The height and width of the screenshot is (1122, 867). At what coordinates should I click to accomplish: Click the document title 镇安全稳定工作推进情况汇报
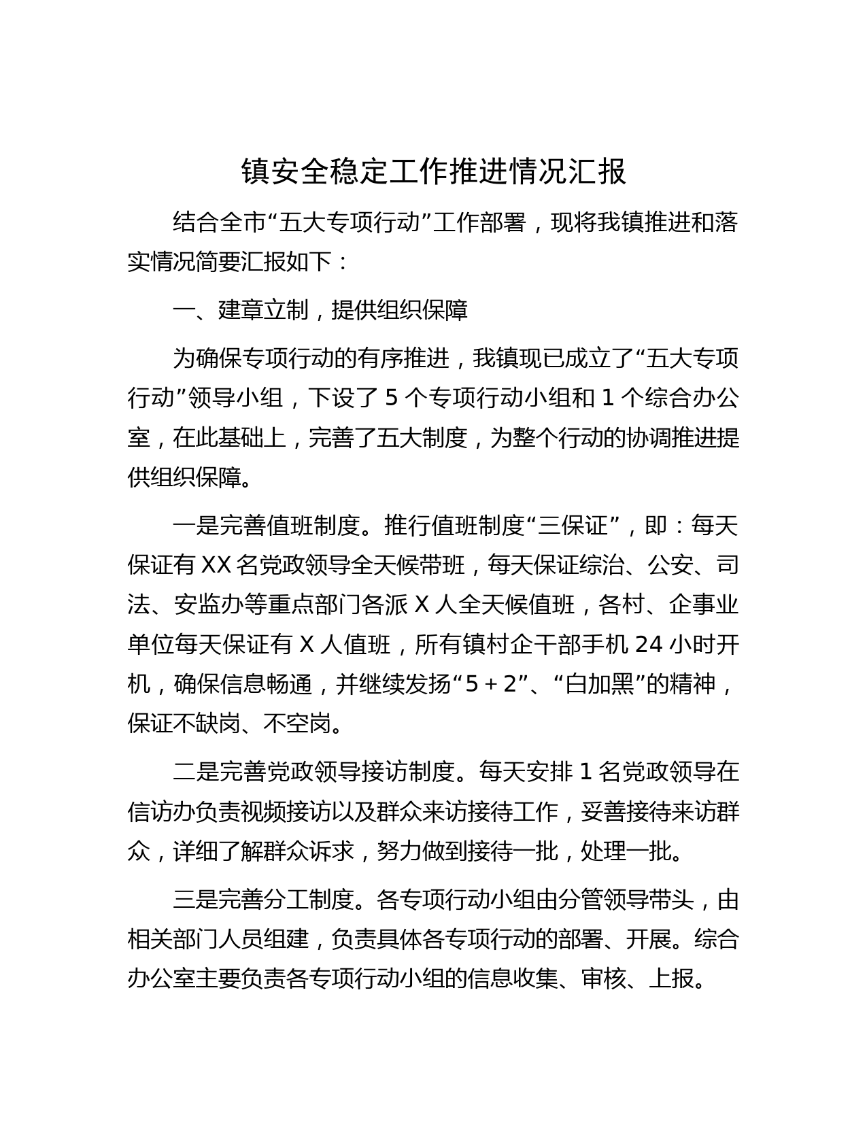[x=433, y=173]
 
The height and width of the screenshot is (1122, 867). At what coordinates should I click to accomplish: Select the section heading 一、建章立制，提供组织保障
[x=320, y=310]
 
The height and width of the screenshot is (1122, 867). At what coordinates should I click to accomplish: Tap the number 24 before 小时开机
[x=648, y=645]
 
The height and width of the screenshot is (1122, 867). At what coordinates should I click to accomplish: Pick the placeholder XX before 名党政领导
[x=218, y=564]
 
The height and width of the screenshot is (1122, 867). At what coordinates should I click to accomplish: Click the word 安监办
[x=207, y=605]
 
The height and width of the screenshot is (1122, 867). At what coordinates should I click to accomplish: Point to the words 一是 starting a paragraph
[x=195, y=526]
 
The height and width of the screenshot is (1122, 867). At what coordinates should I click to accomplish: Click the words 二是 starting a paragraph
[x=195, y=772]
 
